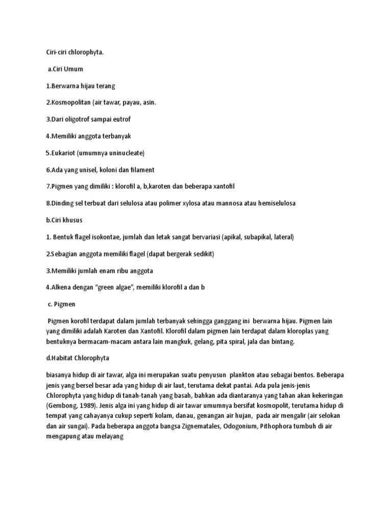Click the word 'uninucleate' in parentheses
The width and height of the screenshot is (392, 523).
125,153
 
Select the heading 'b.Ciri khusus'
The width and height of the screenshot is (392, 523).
64,220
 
